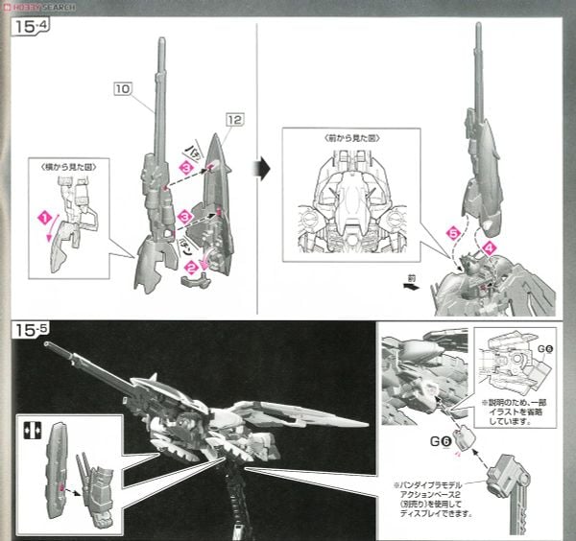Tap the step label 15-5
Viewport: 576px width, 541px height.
(x=29, y=330)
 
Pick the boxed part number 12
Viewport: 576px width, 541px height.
(x=235, y=120)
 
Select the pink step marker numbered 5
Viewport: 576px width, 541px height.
(x=453, y=232)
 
